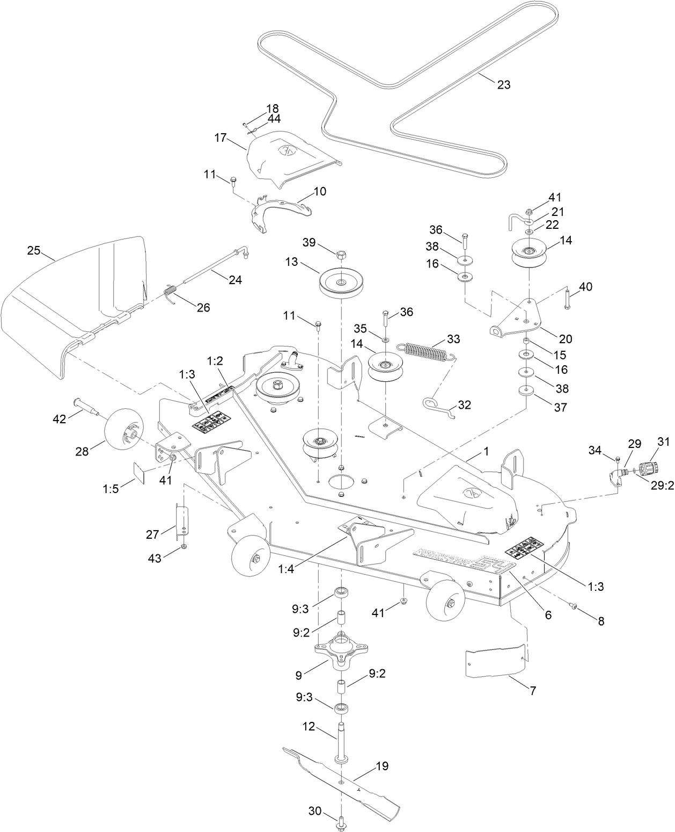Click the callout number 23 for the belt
(503, 84)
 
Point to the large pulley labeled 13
(342, 283)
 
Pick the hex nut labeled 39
(341, 254)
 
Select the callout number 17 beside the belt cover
(221, 138)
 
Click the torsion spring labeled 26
(170, 295)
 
